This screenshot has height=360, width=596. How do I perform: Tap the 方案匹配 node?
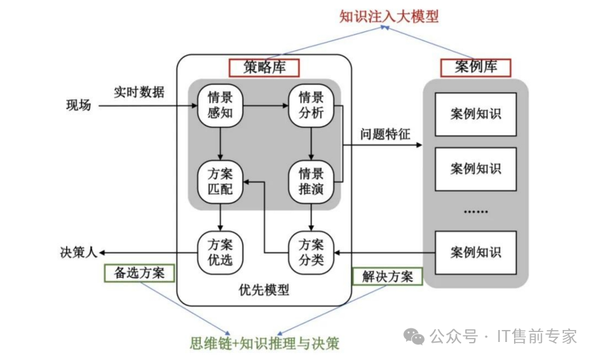(x=220, y=181)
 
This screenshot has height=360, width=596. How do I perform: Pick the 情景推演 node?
(x=311, y=181)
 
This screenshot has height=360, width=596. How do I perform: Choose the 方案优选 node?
(x=220, y=251)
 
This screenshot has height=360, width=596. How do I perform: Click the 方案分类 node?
(x=311, y=251)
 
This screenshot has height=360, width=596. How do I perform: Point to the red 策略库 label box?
(x=264, y=67)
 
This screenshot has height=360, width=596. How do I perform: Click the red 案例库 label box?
(x=475, y=67)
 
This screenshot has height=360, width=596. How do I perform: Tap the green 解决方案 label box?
(x=387, y=276)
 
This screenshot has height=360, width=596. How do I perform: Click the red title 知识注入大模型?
(x=389, y=16)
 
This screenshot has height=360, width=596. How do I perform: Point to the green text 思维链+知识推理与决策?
(x=265, y=343)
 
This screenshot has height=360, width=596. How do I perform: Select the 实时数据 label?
(x=139, y=92)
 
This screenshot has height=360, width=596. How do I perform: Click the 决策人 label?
(x=79, y=252)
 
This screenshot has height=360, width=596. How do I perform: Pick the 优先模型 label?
(x=264, y=290)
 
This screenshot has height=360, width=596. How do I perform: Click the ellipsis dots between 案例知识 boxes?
(x=475, y=211)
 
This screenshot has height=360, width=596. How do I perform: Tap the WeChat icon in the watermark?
(x=413, y=336)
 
